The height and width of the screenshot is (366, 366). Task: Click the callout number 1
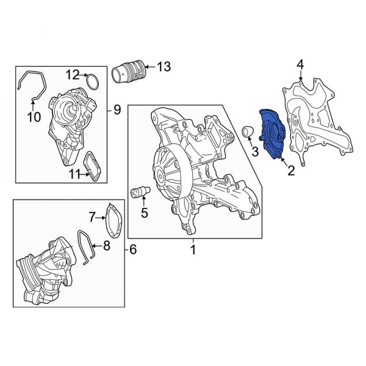coord(193,249)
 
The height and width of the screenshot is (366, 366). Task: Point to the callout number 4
coord(300,64)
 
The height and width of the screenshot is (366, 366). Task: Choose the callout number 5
coord(145,213)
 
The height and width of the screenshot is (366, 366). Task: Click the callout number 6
coord(134,249)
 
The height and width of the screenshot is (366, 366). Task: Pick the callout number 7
coord(93,216)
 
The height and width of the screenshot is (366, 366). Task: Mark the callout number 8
coord(106,246)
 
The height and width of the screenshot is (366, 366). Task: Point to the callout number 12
coord(73,75)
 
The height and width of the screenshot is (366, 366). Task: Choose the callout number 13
coord(164,66)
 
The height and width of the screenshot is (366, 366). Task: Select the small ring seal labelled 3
coord(246,132)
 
